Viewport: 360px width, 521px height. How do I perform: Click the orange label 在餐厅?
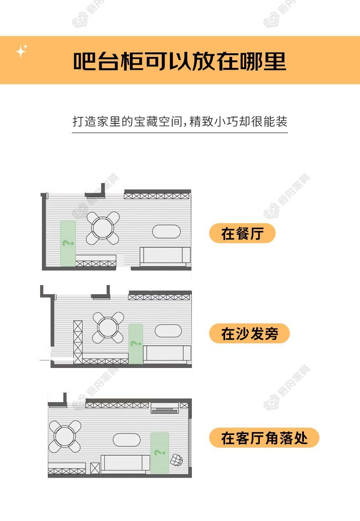(242, 233)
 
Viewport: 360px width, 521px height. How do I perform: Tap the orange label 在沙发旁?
(249, 333)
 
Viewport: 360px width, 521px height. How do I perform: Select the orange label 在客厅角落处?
(264, 438)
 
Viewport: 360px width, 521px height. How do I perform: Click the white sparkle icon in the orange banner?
(21, 51)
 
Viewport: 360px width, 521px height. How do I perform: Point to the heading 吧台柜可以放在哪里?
(180, 61)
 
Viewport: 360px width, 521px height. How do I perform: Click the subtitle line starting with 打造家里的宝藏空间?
(180, 121)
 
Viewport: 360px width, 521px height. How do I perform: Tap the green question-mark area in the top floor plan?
(68, 243)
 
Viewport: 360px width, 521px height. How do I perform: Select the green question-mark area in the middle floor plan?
(136, 343)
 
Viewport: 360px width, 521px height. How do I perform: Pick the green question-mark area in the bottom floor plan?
(159, 453)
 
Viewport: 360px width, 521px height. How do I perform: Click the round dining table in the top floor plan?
(103, 228)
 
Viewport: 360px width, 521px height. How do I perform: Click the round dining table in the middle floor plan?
(108, 327)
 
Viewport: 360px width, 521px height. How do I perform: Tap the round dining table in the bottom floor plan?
(65, 436)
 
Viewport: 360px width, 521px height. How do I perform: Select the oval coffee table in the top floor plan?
(166, 232)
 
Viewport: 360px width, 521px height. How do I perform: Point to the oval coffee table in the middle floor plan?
(168, 331)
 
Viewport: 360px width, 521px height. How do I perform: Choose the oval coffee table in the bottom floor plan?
(127, 440)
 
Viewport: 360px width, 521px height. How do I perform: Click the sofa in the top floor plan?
(165, 256)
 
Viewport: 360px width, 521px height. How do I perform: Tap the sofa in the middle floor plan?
(167, 354)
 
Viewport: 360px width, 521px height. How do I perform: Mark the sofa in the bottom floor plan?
(125, 464)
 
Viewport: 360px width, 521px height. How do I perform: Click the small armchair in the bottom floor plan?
(176, 460)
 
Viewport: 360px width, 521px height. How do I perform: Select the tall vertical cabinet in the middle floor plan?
(78, 342)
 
